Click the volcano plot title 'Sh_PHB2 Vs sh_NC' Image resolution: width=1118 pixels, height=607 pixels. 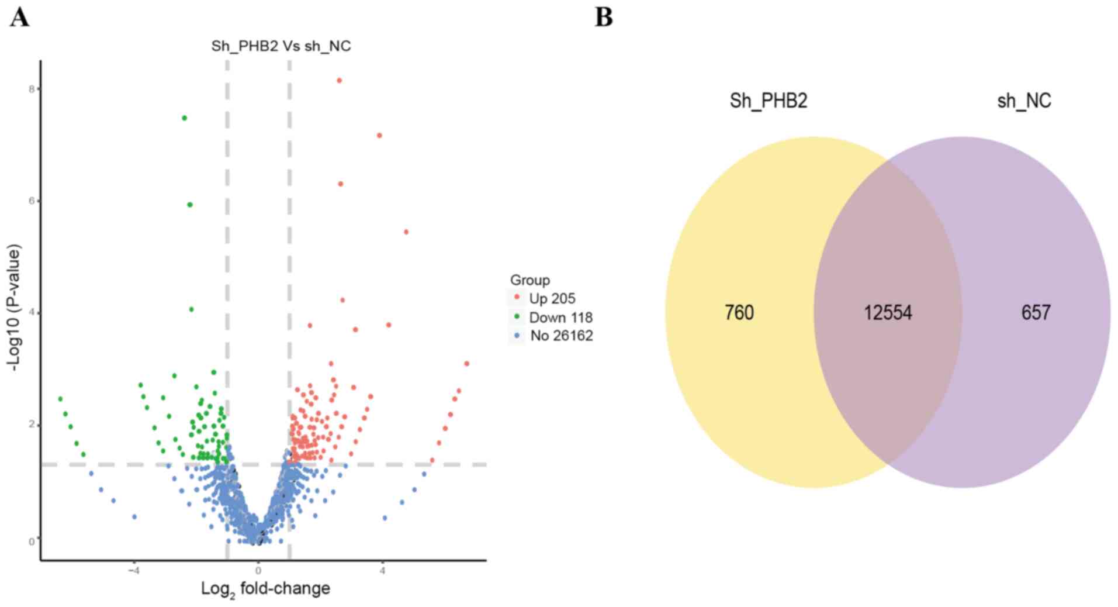tap(281, 46)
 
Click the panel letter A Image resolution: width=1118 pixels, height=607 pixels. tap(19, 18)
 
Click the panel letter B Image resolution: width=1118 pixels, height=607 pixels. tap(604, 18)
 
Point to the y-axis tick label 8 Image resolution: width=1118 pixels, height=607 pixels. tap(33, 89)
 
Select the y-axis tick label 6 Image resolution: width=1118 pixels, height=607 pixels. tap(33, 201)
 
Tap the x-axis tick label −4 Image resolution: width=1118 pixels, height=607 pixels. tap(134, 571)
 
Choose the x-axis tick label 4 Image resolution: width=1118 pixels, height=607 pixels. tap(382, 571)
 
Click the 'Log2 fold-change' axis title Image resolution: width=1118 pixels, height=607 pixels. tap(265, 589)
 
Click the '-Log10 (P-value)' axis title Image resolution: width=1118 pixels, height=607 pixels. tap(15, 307)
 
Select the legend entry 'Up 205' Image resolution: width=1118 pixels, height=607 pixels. tap(552, 298)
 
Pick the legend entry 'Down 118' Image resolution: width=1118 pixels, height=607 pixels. tap(560, 318)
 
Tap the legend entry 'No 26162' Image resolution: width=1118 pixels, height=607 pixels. tap(561, 336)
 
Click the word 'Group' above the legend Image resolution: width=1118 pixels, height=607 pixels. tap(529, 280)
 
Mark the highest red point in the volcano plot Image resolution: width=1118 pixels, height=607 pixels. tap(339, 81)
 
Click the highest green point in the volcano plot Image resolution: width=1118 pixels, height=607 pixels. tap(184, 118)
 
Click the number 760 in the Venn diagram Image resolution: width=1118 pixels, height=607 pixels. tap(739, 312)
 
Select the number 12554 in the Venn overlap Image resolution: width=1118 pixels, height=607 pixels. tap(888, 312)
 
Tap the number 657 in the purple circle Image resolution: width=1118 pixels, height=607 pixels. tap(1036, 312)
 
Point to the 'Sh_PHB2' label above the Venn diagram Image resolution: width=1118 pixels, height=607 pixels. tap(768, 101)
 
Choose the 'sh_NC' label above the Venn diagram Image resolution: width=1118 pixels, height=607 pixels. tap(1023, 101)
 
